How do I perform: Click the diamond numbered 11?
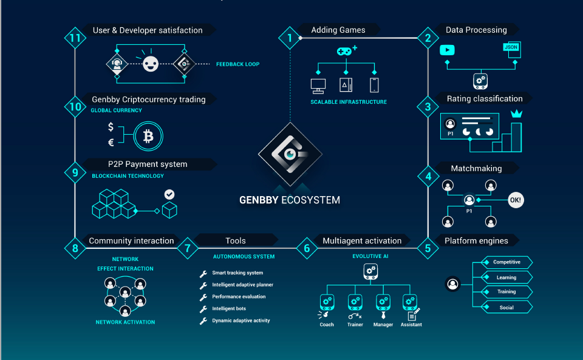point(75,38)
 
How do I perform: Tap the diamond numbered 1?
point(290,38)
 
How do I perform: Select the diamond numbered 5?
point(428,247)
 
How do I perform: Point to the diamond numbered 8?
point(75,247)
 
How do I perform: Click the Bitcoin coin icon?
point(148,136)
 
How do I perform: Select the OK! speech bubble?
point(516,200)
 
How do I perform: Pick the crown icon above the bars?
point(517,113)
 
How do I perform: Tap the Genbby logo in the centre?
point(289,154)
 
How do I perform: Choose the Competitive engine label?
point(506,262)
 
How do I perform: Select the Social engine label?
point(506,307)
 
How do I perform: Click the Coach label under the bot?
point(327,325)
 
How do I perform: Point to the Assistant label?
point(411,325)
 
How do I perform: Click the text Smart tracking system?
point(237,273)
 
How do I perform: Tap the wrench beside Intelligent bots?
point(203,309)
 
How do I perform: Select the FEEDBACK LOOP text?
point(237,64)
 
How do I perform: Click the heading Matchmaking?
point(476,168)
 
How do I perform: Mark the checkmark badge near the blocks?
point(169,195)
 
